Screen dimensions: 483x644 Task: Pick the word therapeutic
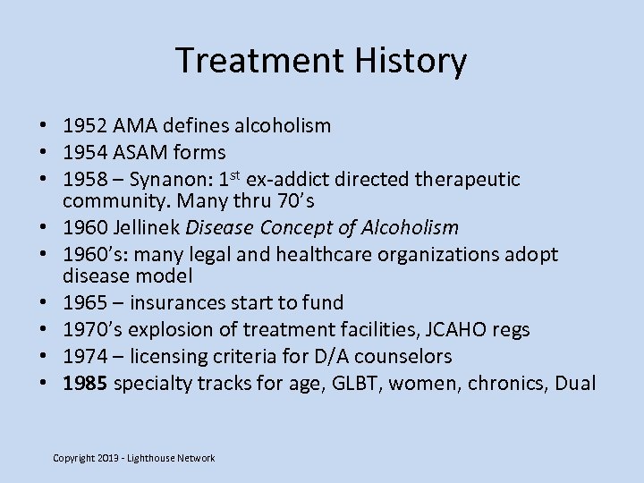coord(469,179)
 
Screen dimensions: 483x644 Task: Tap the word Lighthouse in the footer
coord(150,458)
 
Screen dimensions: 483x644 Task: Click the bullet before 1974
coord(44,356)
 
